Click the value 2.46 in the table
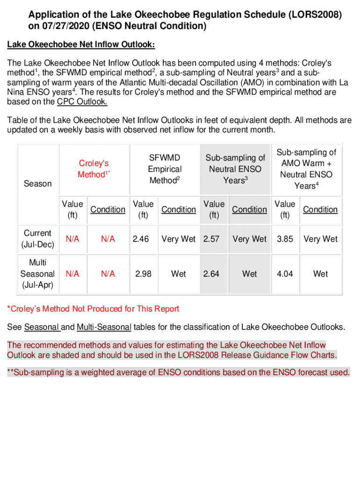click(x=141, y=239)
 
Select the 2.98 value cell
click(x=143, y=274)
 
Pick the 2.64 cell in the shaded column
click(x=211, y=274)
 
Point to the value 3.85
click(x=285, y=239)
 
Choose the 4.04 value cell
click(x=285, y=274)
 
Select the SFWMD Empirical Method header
click(x=164, y=169)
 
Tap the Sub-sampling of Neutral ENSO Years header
click(x=235, y=169)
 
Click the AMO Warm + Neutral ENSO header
click(x=306, y=169)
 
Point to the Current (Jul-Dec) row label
click(x=37, y=239)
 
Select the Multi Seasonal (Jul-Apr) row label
click(x=37, y=274)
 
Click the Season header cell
click(x=37, y=183)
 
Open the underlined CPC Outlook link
click(x=82, y=102)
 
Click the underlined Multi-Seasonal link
click(x=104, y=327)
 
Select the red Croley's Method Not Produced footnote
click(x=93, y=309)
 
